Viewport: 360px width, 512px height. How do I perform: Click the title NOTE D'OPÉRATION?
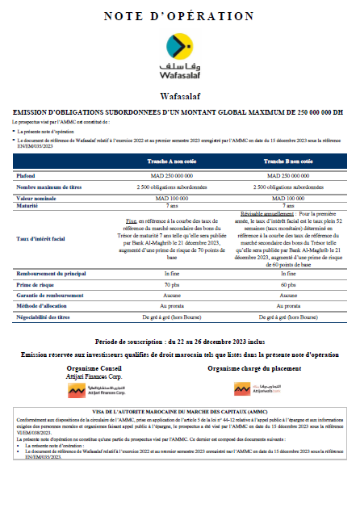click(x=179, y=15)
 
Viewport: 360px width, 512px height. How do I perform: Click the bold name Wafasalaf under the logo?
click(x=179, y=95)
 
